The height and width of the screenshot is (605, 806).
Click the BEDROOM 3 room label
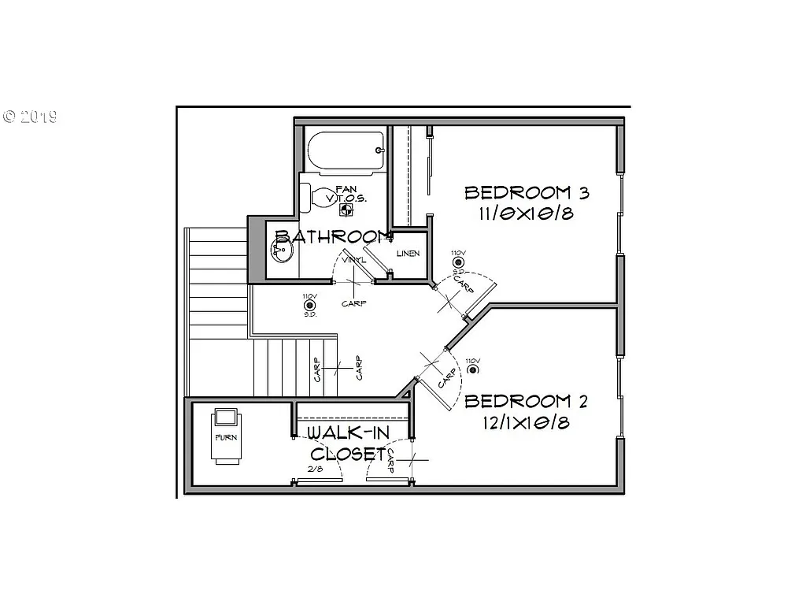click(527, 193)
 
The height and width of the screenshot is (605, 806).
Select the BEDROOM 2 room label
click(527, 402)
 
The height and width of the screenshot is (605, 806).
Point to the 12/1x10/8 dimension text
click(527, 423)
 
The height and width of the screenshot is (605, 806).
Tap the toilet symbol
click(321, 197)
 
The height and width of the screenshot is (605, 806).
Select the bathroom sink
click(282, 251)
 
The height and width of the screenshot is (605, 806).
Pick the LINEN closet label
click(408, 254)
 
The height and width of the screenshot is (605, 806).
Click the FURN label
click(227, 436)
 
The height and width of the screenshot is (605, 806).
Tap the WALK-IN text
click(346, 433)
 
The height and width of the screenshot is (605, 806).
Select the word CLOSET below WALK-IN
click(347, 454)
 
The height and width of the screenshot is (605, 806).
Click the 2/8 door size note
click(315, 470)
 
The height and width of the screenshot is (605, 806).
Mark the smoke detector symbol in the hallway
click(309, 305)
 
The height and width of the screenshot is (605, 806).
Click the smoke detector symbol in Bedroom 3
click(458, 262)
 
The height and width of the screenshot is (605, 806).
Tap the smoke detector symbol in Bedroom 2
click(472, 370)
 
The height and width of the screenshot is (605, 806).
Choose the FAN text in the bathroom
click(346, 189)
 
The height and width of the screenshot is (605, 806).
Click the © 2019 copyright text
click(30, 117)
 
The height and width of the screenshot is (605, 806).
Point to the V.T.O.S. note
click(346, 199)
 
